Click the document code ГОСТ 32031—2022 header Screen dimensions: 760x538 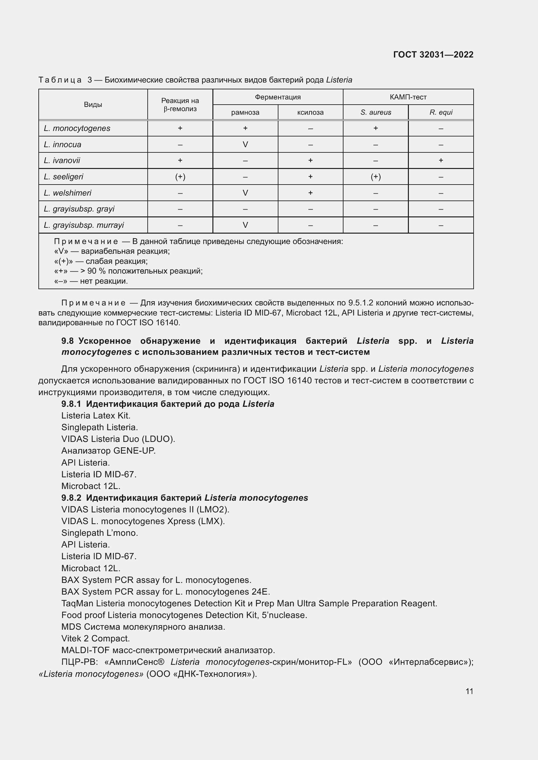433,55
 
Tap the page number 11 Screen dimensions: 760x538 469,691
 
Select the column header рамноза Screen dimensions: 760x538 245,112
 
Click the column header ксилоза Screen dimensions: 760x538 310,112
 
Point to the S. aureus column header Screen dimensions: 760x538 376,112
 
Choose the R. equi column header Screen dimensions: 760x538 441,112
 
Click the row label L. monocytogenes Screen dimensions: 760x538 77,128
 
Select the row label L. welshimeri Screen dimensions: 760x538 68,193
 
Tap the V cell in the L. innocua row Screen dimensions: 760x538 245,144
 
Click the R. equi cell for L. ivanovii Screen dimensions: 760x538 441,160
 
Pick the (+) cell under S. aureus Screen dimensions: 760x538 376,177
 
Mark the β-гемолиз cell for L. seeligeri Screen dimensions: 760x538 180,177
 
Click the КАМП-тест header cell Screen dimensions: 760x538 408,97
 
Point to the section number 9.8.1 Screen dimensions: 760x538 71,404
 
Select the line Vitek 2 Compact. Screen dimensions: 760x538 95,638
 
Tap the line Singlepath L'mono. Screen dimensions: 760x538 100,533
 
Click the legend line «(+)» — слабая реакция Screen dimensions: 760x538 101,261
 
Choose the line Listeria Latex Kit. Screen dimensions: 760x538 96,416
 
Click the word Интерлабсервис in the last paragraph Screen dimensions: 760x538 430,662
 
